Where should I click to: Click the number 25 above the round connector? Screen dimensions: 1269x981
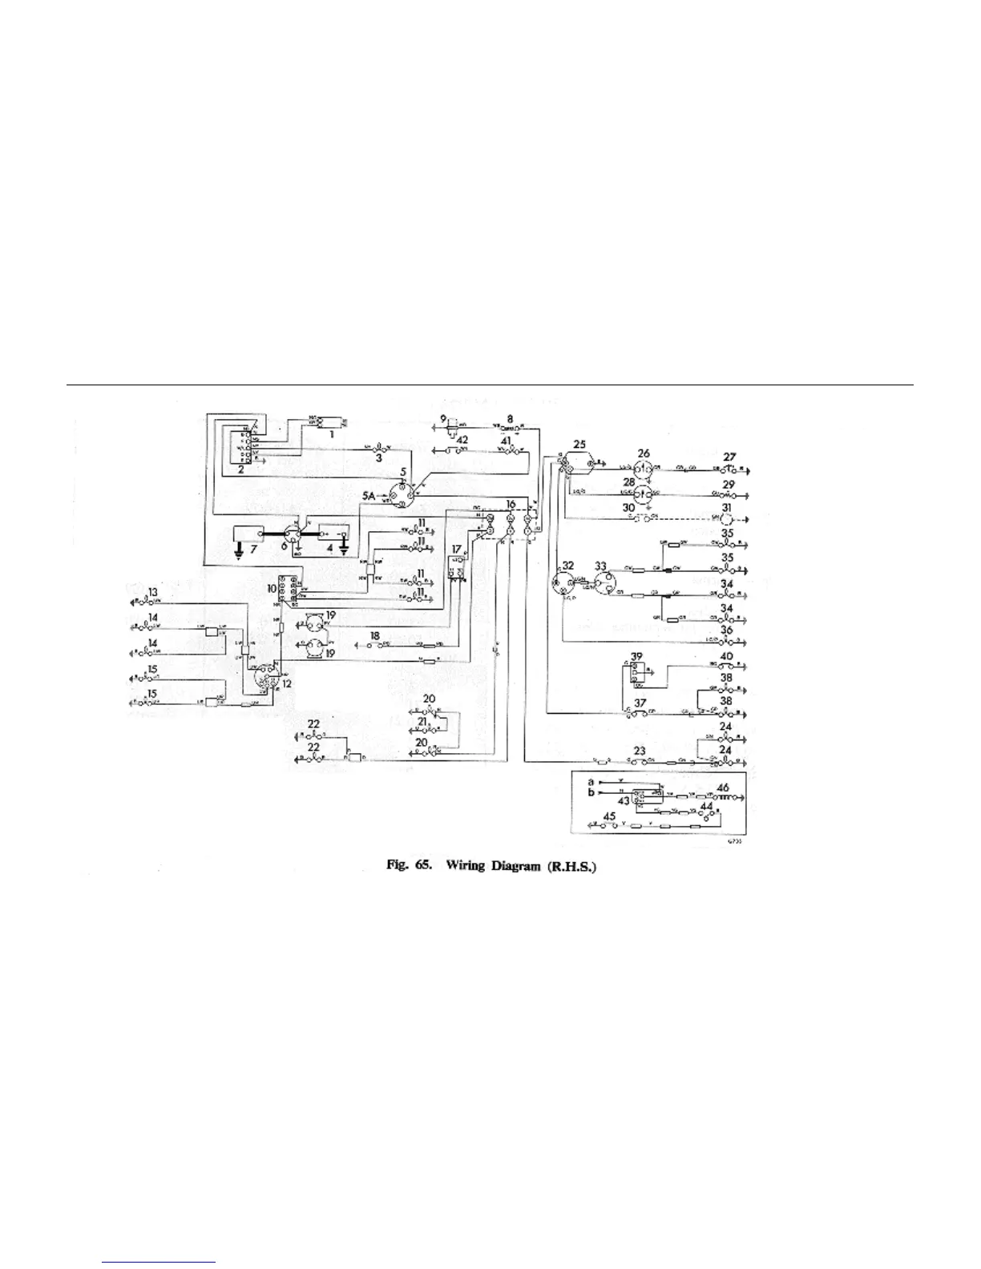point(579,443)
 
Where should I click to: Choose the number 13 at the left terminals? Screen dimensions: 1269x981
point(153,592)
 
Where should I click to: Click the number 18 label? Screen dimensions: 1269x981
point(373,635)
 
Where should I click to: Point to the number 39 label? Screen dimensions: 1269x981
point(637,656)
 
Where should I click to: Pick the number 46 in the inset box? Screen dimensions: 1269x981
point(723,788)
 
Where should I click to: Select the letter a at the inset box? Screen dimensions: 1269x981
point(591,780)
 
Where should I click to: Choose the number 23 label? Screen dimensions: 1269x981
point(639,751)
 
